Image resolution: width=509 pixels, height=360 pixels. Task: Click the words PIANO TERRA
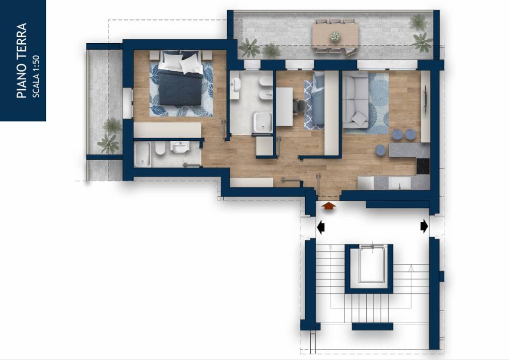pyautogui.click(x=21, y=60)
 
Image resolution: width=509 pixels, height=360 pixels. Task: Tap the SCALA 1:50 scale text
pyautogui.click(x=36, y=76)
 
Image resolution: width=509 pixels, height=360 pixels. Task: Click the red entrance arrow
pyautogui.click(x=329, y=207)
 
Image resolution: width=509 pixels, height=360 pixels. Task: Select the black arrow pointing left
pyautogui.click(x=321, y=227)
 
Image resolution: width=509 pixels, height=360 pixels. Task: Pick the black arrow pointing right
pyautogui.click(x=424, y=226)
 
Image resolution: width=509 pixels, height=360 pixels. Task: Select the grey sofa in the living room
pyautogui.click(x=355, y=100)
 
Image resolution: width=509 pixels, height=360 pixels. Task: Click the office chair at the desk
pyautogui.click(x=300, y=105)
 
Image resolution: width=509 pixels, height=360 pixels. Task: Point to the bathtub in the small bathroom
pyautogui.click(x=143, y=155)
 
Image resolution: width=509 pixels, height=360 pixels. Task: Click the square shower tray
pyautogui.click(x=262, y=123)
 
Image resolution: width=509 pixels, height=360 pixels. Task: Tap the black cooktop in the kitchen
pyautogui.click(x=423, y=166)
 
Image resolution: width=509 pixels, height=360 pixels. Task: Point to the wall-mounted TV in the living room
pyautogui.click(x=425, y=100)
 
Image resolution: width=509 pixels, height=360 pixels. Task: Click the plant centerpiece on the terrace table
pyautogui.click(x=335, y=36)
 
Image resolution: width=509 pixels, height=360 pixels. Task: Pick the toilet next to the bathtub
pyautogui.click(x=160, y=149)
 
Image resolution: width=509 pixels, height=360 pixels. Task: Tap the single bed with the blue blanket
pyautogui.click(x=314, y=100)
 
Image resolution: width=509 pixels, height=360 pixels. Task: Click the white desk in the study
pyautogui.click(x=284, y=106)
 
